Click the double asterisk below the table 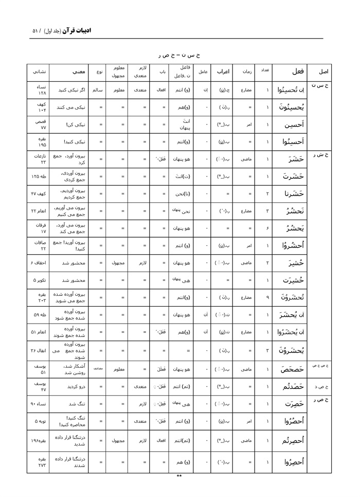click(179, 476)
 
